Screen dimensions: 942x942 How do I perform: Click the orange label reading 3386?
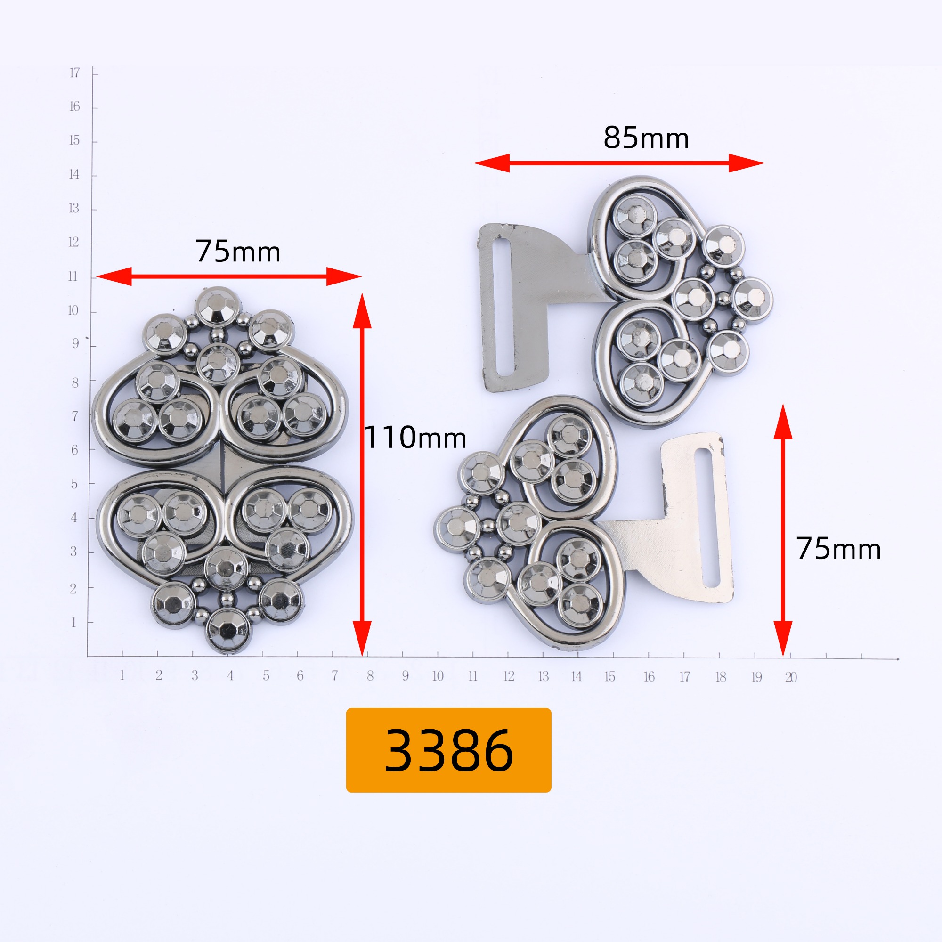tap(448, 750)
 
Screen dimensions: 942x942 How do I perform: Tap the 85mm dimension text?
tap(646, 138)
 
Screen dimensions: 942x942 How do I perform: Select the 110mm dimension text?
tap(415, 438)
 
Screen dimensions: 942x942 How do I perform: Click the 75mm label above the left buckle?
tap(238, 252)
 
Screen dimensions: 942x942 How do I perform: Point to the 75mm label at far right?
tap(839, 549)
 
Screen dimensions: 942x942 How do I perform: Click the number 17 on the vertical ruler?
tap(74, 73)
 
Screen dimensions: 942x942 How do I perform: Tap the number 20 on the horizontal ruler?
tap(791, 677)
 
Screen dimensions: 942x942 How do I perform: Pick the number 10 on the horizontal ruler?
tap(438, 676)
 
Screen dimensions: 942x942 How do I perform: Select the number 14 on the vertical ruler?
tap(73, 175)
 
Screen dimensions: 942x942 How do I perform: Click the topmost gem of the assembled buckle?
tap(218, 306)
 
